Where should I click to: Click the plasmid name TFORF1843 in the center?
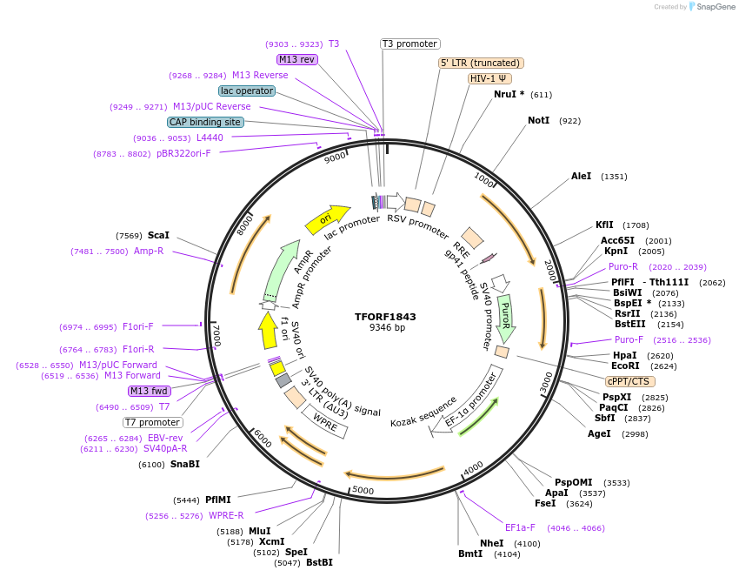click(386, 316)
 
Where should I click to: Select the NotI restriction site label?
click(538, 120)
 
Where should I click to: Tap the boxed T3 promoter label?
click(410, 44)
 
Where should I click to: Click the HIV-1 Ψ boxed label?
click(489, 78)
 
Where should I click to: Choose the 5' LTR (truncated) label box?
click(480, 63)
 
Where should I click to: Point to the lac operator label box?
click(247, 91)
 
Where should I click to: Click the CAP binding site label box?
click(205, 123)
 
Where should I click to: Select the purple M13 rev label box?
click(296, 59)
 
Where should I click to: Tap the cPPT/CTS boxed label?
click(630, 381)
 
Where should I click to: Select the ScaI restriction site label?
click(158, 235)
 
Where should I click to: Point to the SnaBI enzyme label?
click(184, 464)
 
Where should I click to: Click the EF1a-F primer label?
click(520, 527)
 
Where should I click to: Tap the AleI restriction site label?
click(581, 176)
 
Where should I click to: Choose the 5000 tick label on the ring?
click(363, 490)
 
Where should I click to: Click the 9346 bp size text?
click(386, 328)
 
